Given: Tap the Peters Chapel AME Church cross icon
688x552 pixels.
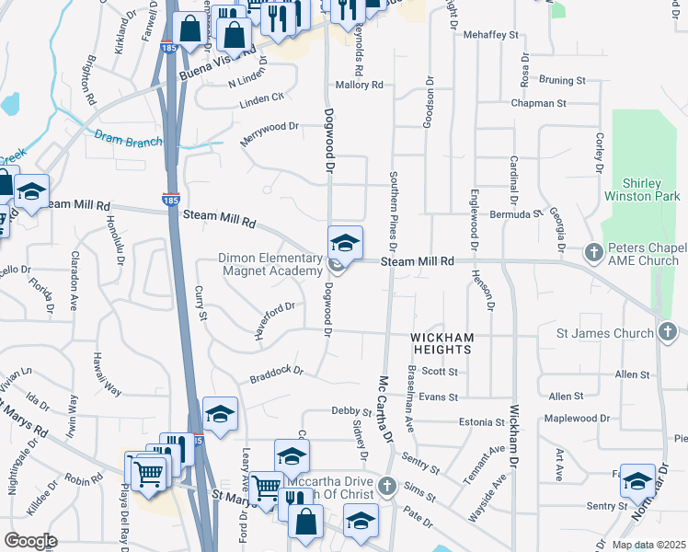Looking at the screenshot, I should point(594,251).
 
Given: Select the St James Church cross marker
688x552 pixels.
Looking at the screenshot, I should point(668,332).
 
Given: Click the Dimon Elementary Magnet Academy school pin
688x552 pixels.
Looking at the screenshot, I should point(345,243).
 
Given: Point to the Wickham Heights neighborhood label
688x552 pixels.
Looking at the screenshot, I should point(441,344).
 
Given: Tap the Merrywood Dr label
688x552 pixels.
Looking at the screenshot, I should point(269,131).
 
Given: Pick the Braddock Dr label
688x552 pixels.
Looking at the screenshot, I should point(276,374).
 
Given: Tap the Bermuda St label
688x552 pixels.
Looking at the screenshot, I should point(518,213).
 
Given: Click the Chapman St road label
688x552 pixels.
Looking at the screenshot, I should point(538,104).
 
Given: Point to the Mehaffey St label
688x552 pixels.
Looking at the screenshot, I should point(491,34).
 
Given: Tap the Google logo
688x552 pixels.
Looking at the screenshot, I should point(30,541).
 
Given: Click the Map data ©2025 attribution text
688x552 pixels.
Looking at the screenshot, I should point(649,545).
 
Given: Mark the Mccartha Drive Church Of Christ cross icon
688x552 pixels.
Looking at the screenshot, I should point(387,485).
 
